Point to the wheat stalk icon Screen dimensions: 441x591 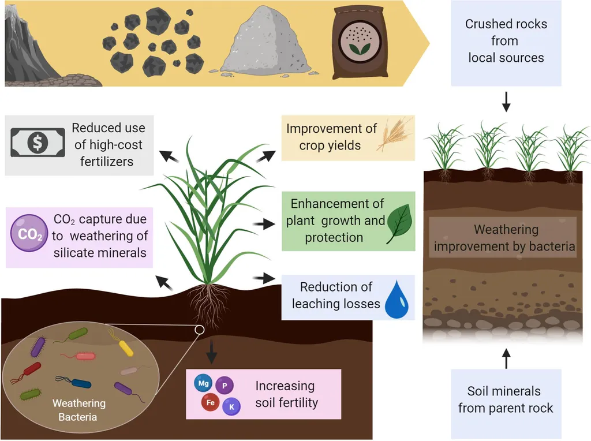click(395, 134)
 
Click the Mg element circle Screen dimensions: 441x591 click(203, 383)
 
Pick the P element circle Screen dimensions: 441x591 click(224, 385)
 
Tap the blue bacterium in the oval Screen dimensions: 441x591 click(80, 382)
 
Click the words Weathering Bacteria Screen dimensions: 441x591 click(78, 409)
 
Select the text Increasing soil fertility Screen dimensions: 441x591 click(286, 394)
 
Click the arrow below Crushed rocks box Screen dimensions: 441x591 click(506, 102)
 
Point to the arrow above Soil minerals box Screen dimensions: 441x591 click(506, 358)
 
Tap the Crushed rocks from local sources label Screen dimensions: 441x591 click(506, 41)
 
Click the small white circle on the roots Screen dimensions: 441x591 click(199, 330)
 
